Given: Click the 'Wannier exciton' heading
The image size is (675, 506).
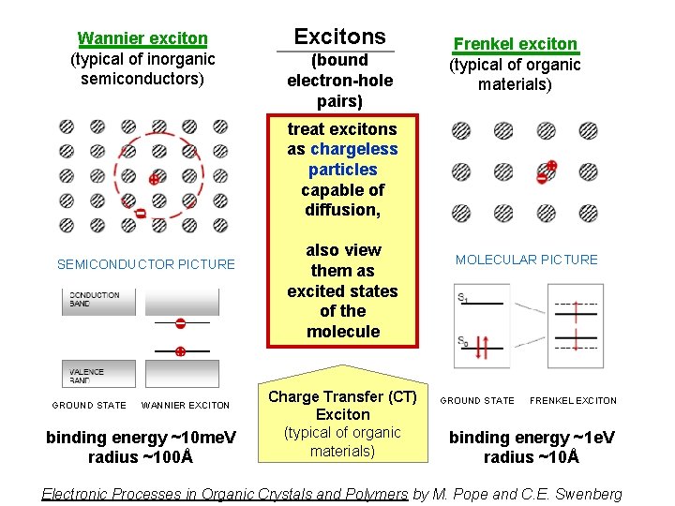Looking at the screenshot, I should coord(142,38).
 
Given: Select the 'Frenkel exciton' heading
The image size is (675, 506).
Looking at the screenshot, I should coord(515,43).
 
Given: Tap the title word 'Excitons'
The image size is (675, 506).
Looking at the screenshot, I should coord(339,37).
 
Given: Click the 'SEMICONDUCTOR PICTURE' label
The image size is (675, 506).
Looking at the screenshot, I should coord(146,264).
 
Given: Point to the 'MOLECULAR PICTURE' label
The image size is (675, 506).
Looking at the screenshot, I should coord(526,260).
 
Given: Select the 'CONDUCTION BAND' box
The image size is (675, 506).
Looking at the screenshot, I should coord(96,300).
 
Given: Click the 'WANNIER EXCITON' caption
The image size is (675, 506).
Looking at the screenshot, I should coord(184,405).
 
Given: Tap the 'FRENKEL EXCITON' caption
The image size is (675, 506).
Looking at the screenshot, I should coord(573,400).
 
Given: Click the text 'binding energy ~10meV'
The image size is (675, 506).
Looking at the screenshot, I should coord(140,437).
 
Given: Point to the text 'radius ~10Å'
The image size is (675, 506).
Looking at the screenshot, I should coord(531,457).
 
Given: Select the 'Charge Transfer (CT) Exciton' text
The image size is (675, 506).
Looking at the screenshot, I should coord(342,405).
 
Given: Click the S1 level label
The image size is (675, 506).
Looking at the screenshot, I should coord(463,298).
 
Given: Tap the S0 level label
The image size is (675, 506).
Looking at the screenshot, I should coord(463,340).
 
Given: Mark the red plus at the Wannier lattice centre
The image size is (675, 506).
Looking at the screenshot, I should coord(153,178).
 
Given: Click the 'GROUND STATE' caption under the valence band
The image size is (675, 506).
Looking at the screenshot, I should coord(89,405).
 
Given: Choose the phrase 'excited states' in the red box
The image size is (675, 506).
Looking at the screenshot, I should coord(342,290).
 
